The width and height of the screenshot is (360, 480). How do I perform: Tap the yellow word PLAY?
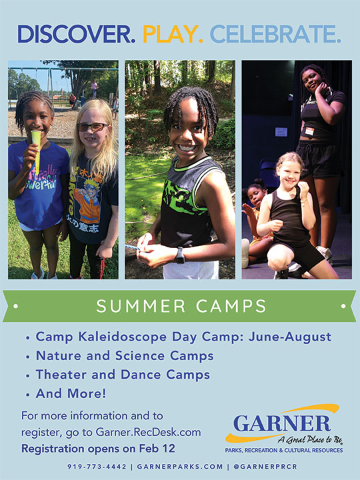click(173, 34)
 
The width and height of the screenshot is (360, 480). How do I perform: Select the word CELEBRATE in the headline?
click(275, 34)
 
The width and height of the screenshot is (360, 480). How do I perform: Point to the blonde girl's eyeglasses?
click(93, 127)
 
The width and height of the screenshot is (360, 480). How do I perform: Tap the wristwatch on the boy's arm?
click(180, 255)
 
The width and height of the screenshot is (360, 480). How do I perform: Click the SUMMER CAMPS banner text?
click(181, 306)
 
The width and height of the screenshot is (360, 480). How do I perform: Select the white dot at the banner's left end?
click(16, 306)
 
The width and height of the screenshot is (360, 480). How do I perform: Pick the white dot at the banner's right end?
click(343, 306)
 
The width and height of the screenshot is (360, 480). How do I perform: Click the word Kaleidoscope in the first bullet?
click(123, 337)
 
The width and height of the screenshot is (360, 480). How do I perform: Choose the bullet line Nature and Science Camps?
click(125, 356)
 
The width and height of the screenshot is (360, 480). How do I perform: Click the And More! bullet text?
click(71, 394)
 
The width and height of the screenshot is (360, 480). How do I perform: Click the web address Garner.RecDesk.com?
click(148, 432)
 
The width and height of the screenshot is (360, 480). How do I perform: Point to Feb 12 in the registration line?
click(157, 449)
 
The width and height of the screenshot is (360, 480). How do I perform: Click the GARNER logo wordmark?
click(282, 423)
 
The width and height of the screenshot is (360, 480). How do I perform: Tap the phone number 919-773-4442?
click(97, 467)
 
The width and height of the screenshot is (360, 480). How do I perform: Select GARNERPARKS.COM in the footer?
click(180, 467)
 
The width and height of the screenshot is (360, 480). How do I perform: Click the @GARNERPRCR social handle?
click(265, 467)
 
